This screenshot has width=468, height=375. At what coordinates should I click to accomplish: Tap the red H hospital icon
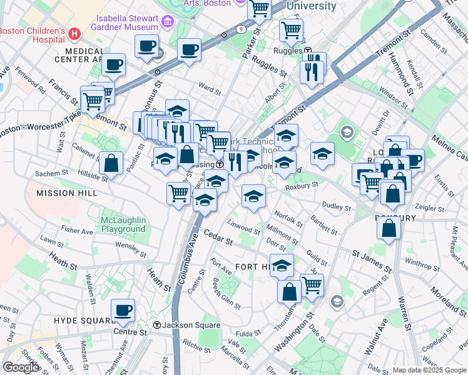point(75,32)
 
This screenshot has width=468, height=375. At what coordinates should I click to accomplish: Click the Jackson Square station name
point(191,325)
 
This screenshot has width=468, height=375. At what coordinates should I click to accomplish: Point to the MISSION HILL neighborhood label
point(66,193)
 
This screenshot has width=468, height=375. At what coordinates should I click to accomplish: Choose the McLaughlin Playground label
point(123,224)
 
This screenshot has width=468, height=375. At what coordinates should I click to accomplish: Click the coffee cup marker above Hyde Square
point(123,311)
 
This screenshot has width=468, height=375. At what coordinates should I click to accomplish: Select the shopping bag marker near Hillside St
point(111,164)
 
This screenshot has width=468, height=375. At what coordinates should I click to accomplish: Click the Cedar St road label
point(218,237)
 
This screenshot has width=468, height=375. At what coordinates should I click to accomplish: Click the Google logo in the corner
point(20,367)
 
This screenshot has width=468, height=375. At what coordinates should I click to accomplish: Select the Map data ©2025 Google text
point(429,369)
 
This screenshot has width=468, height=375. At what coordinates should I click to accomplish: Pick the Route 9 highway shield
point(242,29)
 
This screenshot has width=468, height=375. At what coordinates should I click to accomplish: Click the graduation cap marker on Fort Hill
point(282,265)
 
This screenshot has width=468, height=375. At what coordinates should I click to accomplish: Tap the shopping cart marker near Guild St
point(312,285)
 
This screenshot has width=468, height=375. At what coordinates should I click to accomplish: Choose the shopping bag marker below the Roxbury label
point(389,228)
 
